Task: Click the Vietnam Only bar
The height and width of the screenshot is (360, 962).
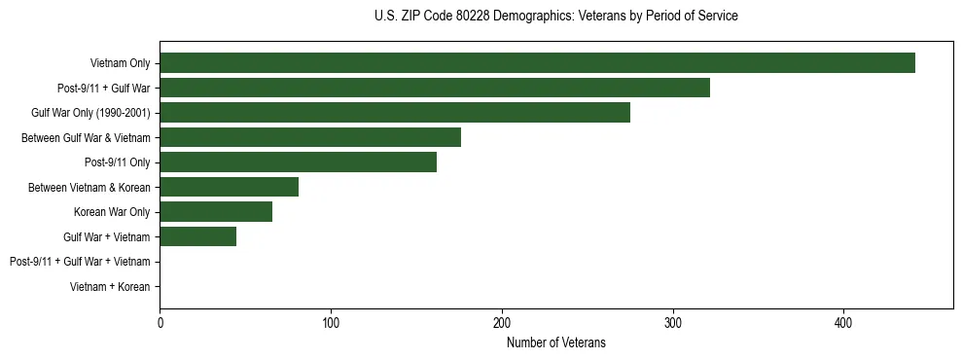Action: [x=537, y=63]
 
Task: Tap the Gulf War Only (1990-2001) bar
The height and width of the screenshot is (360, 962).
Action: [x=395, y=113]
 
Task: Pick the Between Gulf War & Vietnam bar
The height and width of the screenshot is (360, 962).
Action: [x=310, y=137]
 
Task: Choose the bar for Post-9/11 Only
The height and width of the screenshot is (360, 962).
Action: [x=298, y=162]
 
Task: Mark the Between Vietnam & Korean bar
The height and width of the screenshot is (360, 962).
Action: [x=229, y=187]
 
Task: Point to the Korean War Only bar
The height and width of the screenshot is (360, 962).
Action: [x=216, y=212]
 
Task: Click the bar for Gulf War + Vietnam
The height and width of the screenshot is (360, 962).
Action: [x=197, y=236]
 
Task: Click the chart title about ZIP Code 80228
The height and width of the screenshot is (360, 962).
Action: [x=555, y=17]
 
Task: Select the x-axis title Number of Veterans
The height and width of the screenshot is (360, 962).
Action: [x=555, y=342]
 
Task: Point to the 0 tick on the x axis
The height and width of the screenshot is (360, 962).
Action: [x=160, y=322]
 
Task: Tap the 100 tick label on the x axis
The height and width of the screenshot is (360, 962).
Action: [x=331, y=322]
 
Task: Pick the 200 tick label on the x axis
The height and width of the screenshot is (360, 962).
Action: [x=502, y=322]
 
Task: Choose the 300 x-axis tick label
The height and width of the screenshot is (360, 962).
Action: [x=672, y=322]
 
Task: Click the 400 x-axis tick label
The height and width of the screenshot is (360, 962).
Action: [x=843, y=322]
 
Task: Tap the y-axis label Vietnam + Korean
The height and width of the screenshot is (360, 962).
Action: [x=110, y=287]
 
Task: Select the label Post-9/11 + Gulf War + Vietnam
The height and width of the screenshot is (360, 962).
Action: [x=79, y=262]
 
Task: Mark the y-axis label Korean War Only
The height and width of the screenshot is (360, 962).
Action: [x=112, y=212]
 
